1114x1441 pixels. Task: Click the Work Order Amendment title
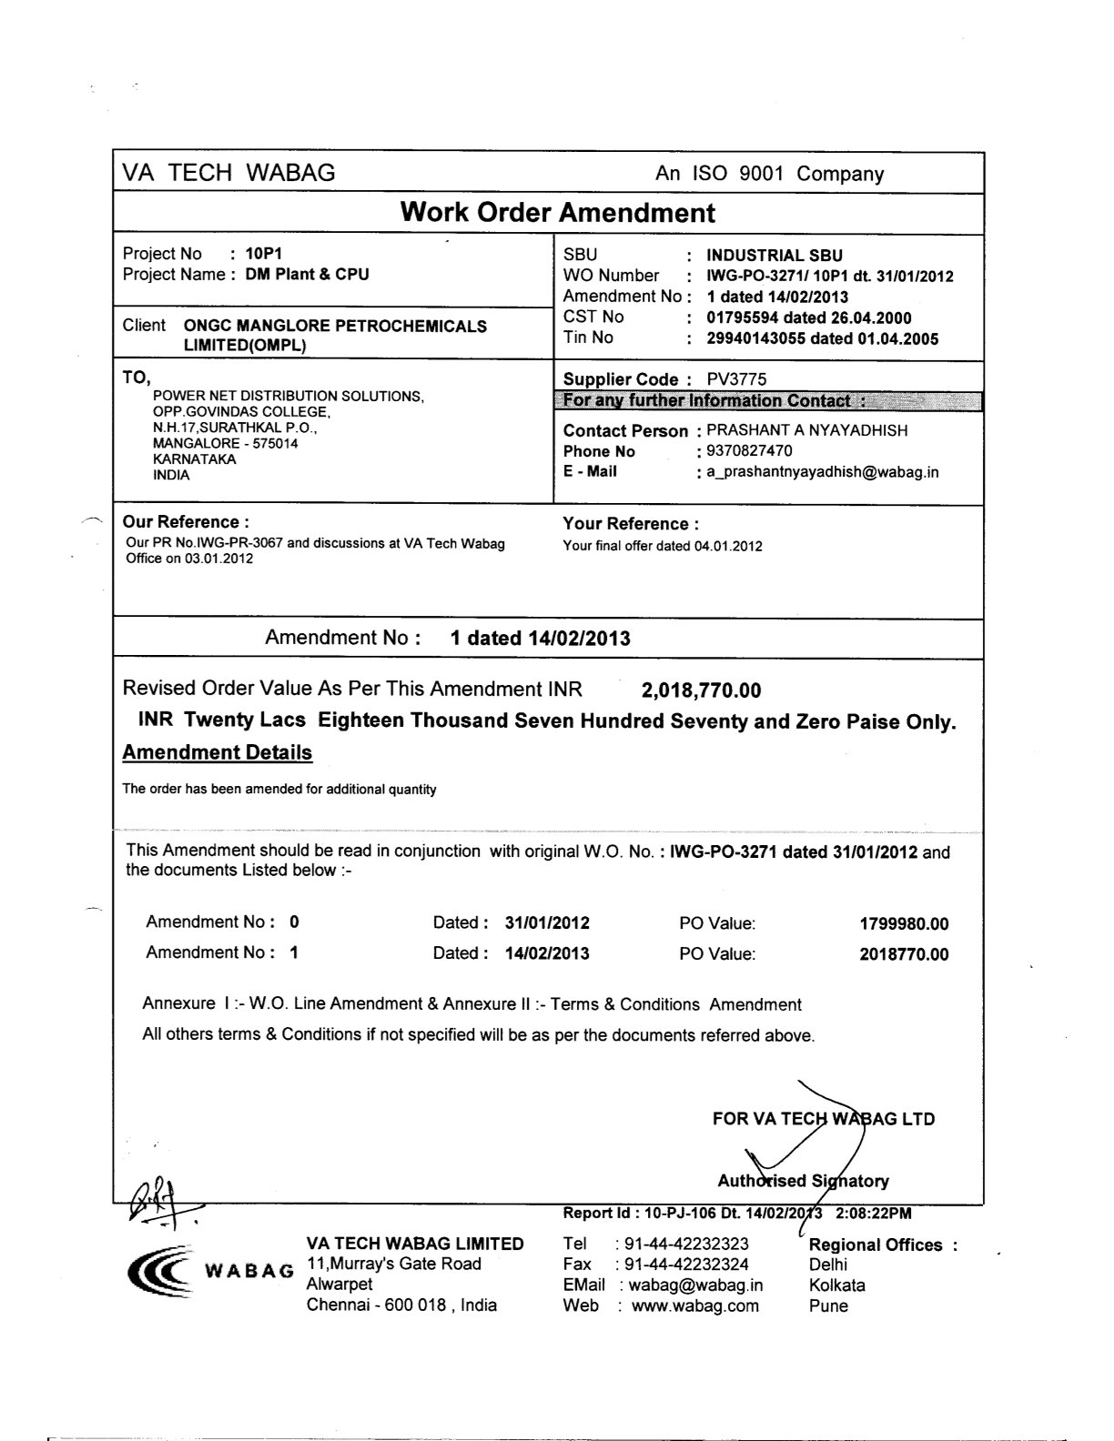557,213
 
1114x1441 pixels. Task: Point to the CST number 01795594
742,317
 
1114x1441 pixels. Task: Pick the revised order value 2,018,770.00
701,690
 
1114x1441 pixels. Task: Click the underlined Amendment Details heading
217,752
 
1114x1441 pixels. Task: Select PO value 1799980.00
903,924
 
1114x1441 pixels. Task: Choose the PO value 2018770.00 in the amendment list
903,954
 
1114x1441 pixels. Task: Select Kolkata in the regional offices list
836,1285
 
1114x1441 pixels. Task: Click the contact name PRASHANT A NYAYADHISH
806,430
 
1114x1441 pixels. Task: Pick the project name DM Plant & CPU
308,274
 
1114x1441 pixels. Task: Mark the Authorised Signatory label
803,1181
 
